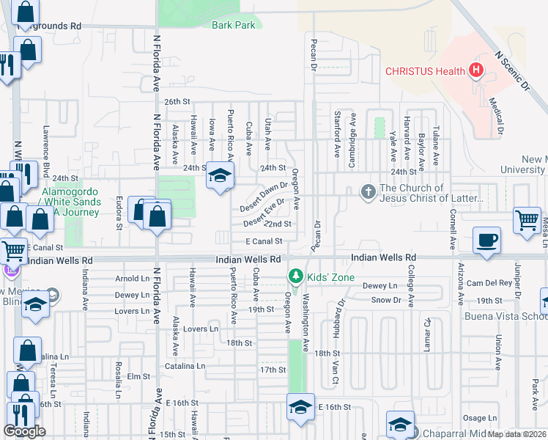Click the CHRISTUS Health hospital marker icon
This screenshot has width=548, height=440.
(x=477, y=71)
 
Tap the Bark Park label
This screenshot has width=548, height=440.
(x=233, y=25)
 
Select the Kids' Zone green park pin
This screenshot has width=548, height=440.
(x=295, y=277)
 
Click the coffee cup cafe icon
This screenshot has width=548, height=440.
(x=487, y=240)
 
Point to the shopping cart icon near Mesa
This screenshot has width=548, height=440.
(x=527, y=219)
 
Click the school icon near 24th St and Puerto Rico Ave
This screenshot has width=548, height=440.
(x=218, y=175)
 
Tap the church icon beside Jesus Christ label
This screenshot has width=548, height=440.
(x=369, y=192)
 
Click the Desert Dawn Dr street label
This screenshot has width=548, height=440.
(x=265, y=194)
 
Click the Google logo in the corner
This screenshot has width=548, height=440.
(x=24, y=431)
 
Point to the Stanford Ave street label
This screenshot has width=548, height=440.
(x=337, y=135)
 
